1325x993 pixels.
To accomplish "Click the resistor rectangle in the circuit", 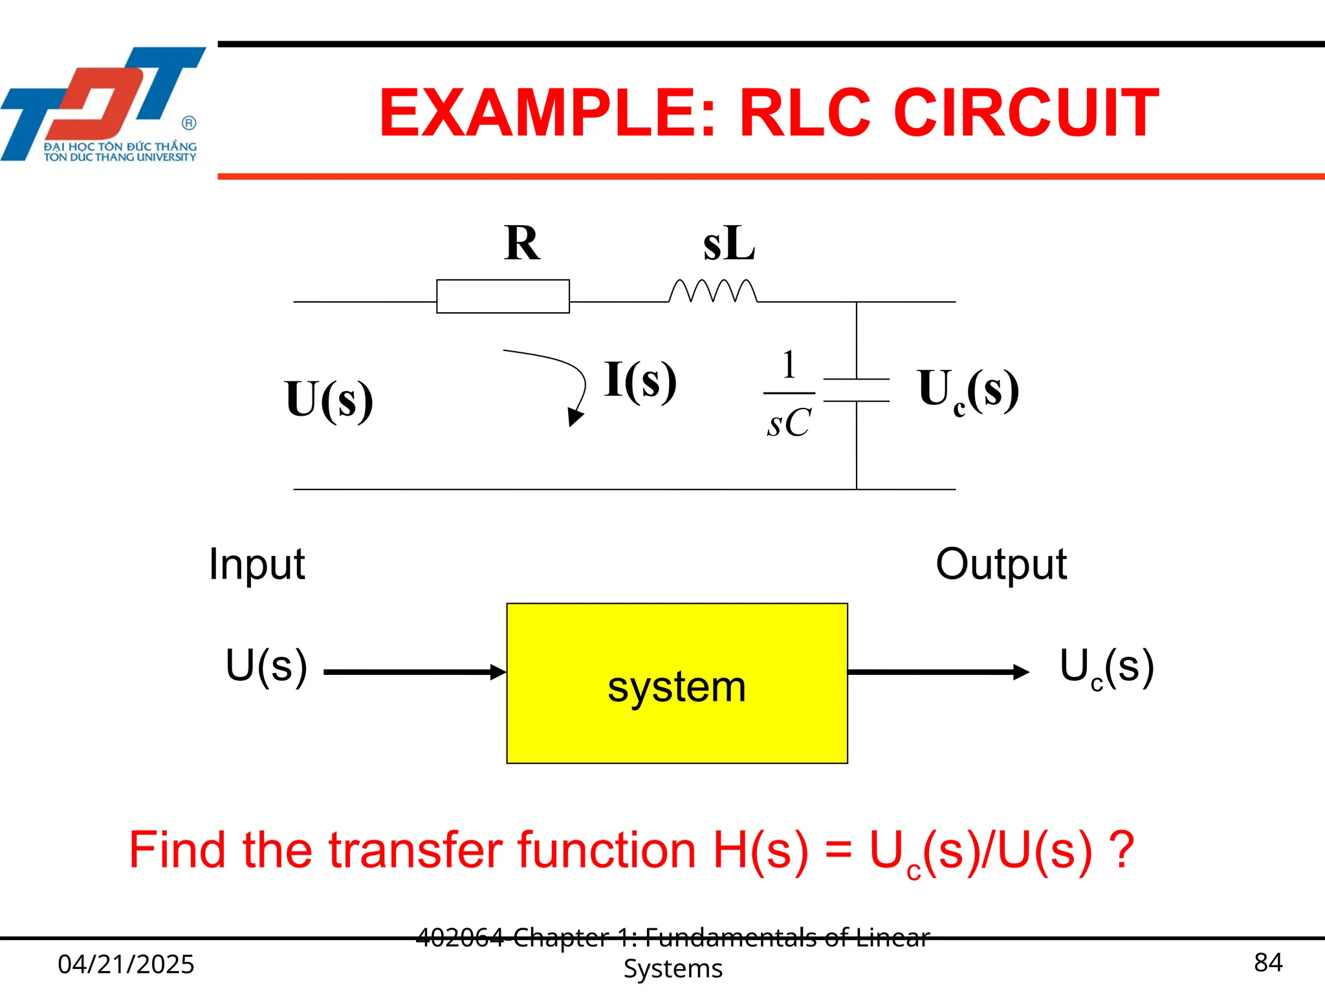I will pos(503,296).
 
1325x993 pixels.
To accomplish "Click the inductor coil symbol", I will pos(712,292).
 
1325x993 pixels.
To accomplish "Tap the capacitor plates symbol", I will pos(856,390).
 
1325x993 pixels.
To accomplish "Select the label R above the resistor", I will pos(521,243).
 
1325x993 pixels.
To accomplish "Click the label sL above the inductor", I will pos(729,244).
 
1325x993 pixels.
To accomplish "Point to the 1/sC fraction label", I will pos(789,394).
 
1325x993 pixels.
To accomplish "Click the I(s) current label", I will pos(641,380).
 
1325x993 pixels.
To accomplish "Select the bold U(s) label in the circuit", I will pos(329,400).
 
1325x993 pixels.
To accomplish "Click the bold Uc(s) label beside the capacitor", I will pos(968,390).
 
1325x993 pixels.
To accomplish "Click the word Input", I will pos(257,564).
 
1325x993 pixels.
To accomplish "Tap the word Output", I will pos(1001,564).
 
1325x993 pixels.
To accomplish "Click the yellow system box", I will pos(677,683).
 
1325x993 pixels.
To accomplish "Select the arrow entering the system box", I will pos(414,672).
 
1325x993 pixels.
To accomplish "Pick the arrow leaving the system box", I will pos(938,672).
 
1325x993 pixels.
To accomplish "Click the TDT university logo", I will pos(104,103).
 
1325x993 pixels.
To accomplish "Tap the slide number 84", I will pos(1268,963).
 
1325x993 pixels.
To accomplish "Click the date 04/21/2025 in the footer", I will pos(126,964).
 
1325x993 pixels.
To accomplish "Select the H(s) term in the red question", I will pos(760,850).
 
